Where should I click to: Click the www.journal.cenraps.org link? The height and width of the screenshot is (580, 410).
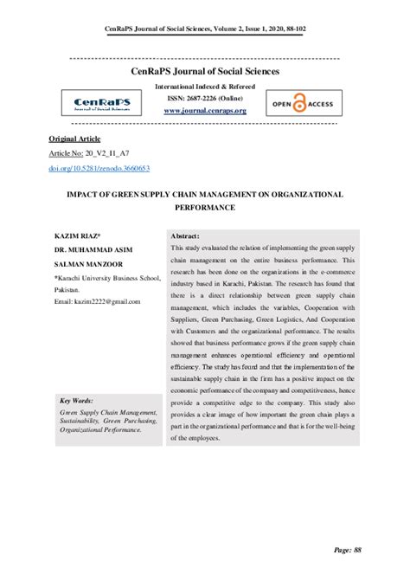coord(205,111)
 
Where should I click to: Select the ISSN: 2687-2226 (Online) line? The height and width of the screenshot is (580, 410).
coord(205,100)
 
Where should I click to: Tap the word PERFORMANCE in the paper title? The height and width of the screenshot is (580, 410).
coord(204,209)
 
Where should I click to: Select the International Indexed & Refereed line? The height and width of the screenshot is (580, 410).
coord(205,88)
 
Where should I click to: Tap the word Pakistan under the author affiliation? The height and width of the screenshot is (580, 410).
coord(69,288)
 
